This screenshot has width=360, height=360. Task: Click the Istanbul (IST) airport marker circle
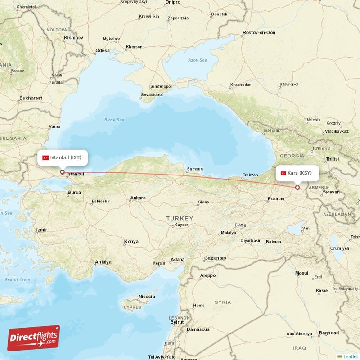[62, 172]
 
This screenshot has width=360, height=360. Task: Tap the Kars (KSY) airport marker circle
[297, 188]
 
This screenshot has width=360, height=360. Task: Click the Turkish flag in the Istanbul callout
[45, 158]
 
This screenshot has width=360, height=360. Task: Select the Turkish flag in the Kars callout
[283, 173]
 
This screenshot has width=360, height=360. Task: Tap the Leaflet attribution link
[350, 356]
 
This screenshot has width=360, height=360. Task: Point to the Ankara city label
[138, 198]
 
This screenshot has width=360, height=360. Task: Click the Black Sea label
[114, 120]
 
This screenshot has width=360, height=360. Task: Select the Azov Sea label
[198, 60]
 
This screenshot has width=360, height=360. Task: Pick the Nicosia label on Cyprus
[147, 297]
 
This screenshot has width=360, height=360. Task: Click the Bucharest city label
[31, 98]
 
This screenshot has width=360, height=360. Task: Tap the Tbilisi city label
[332, 159]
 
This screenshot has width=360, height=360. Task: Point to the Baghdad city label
[328, 333]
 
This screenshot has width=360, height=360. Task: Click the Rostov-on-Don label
[259, 33]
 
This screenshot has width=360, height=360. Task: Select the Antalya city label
[103, 262]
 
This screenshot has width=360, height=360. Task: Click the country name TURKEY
[180, 218]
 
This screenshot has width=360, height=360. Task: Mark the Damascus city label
[198, 329]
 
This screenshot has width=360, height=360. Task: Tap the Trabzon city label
[250, 175]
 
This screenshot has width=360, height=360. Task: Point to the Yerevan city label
[331, 192]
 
